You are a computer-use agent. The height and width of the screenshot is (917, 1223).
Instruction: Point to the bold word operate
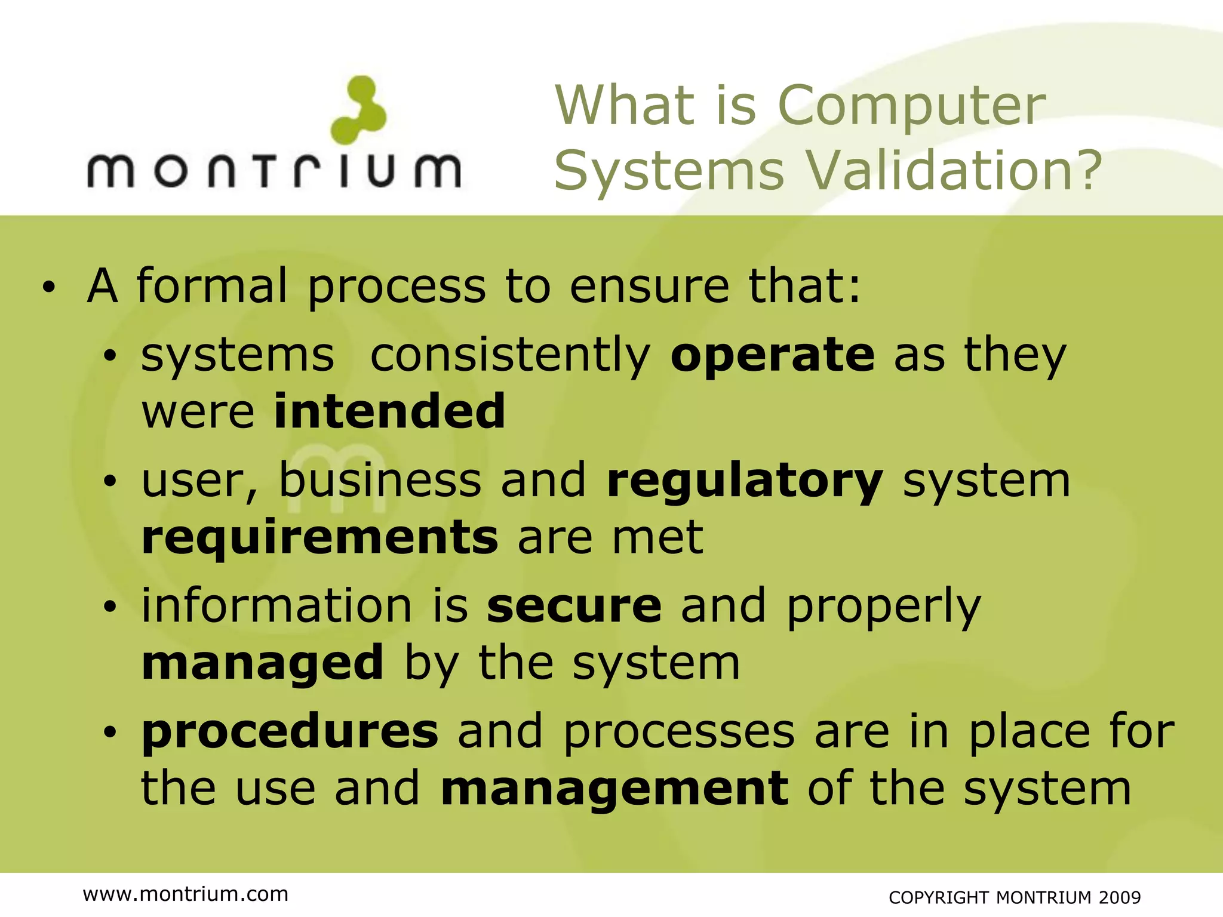[773, 355]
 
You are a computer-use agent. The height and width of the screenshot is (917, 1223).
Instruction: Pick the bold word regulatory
[745, 481]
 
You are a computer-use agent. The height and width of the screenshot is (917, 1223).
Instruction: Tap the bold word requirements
[320, 537]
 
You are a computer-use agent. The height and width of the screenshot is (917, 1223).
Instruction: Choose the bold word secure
[574, 606]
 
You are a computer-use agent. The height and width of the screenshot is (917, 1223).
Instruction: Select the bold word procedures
[290, 731]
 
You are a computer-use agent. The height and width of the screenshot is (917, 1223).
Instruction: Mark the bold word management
[614, 788]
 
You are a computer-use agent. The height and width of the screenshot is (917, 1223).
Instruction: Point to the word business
[380, 480]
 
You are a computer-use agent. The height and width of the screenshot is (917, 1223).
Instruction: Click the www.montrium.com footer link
[186, 894]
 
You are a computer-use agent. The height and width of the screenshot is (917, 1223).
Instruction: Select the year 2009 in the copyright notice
[1119, 897]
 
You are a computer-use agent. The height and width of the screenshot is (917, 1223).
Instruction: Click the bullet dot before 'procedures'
[109, 733]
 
